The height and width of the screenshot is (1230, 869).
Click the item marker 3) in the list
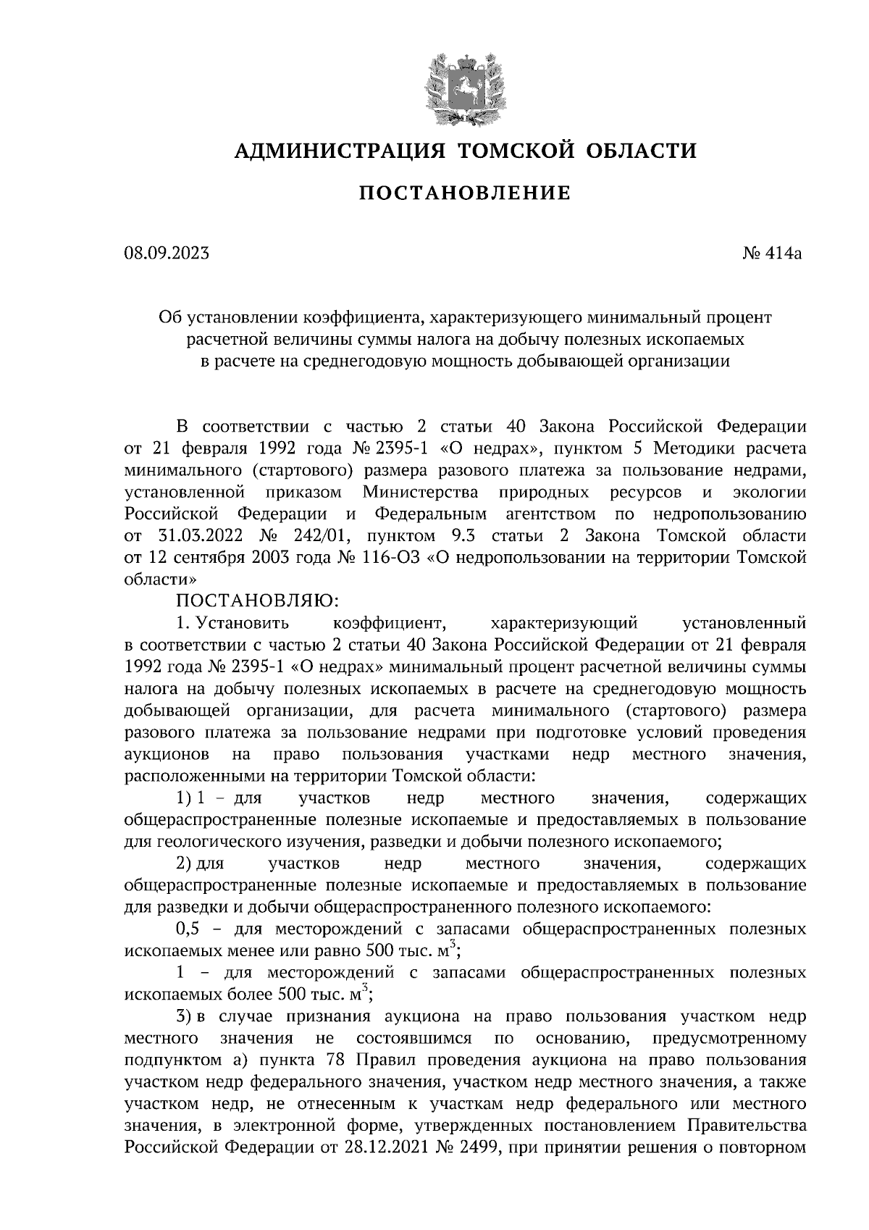tap(184, 1017)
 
